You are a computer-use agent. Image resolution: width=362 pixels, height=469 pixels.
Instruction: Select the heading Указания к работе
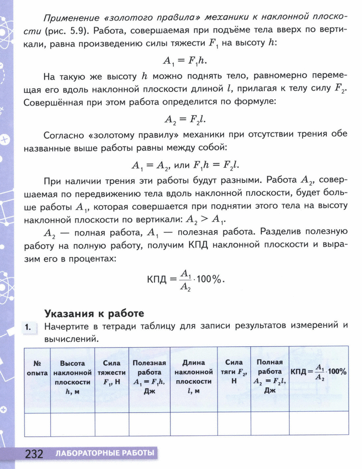click(94, 313)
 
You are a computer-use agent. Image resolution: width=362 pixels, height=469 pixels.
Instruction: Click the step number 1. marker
click(28, 326)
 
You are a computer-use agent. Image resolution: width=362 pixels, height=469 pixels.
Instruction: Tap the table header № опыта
click(37, 368)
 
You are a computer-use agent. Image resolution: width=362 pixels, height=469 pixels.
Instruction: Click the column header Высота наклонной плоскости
click(72, 377)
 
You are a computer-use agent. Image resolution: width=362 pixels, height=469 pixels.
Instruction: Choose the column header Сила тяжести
click(112, 373)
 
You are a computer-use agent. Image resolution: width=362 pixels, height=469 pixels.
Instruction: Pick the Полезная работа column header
click(149, 377)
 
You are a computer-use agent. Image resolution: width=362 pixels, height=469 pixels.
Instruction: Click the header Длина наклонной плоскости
click(194, 377)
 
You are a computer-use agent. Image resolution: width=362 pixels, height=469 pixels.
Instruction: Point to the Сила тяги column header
click(234, 372)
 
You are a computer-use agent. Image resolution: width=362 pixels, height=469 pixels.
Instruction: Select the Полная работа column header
click(270, 376)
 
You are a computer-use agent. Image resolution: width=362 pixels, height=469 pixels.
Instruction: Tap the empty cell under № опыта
click(37, 424)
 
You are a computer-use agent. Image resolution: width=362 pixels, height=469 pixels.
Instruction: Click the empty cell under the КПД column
click(319, 424)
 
